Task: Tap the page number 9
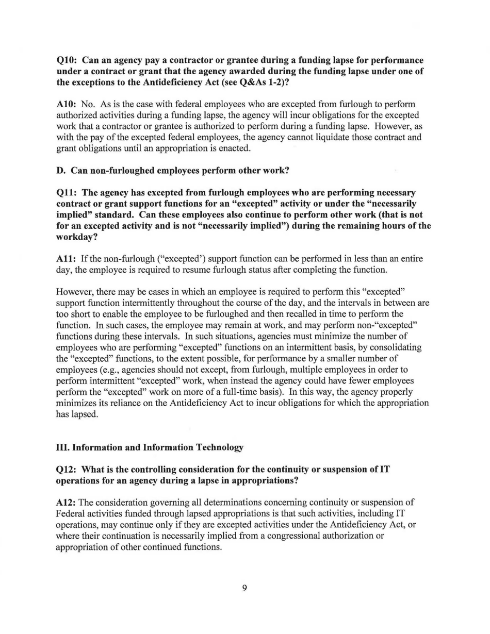tap(244, 589)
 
